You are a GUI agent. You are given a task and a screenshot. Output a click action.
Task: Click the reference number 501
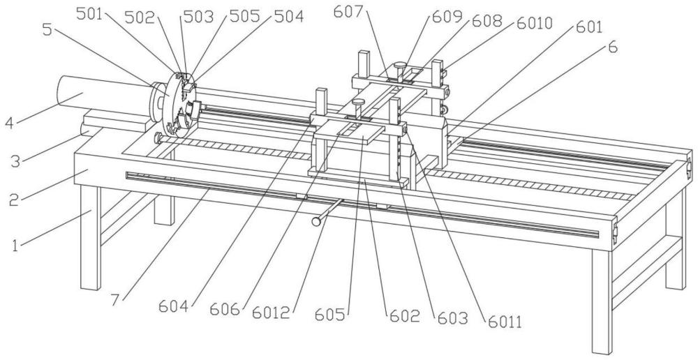point(89,15)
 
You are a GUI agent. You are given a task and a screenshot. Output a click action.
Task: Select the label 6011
point(505,322)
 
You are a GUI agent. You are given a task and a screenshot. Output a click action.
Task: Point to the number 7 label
point(115,301)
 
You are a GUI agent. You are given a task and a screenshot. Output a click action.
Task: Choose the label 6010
point(534,23)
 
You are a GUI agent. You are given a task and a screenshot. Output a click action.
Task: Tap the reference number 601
point(589,27)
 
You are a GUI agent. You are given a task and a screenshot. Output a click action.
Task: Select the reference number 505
point(244,17)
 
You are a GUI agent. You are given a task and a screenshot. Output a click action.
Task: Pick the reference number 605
point(330,315)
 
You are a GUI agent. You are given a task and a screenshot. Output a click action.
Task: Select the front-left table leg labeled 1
point(91,238)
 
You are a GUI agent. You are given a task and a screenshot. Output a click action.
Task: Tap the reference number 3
point(15,160)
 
